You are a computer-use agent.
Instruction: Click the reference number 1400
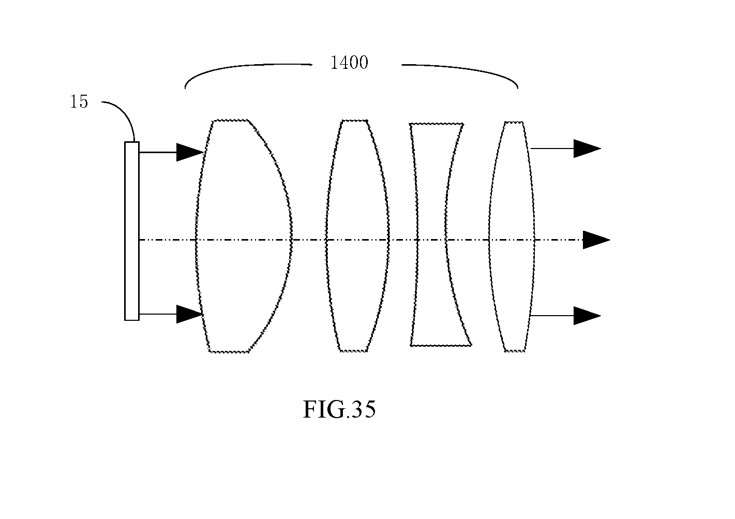[x=349, y=63]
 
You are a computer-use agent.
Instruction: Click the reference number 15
[x=79, y=101]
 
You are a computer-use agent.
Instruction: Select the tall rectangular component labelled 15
[x=132, y=231]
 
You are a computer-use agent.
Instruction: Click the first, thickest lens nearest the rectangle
[x=244, y=236]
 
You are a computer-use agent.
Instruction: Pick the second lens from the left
[x=357, y=236]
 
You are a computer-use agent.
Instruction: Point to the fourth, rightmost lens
[x=512, y=236]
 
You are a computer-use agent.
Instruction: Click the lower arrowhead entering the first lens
[x=189, y=314]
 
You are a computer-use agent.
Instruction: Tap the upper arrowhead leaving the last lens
[x=587, y=149]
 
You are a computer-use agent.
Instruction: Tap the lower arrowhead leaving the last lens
[x=587, y=316]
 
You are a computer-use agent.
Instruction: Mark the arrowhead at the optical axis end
[x=596, y=240]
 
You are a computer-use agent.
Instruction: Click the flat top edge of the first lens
[x=230, y=121]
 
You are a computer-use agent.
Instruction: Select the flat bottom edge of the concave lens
[x=441, y=345]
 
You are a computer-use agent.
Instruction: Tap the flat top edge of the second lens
[x=355, y=121]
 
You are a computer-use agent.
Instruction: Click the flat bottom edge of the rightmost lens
[x=515, y=351]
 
